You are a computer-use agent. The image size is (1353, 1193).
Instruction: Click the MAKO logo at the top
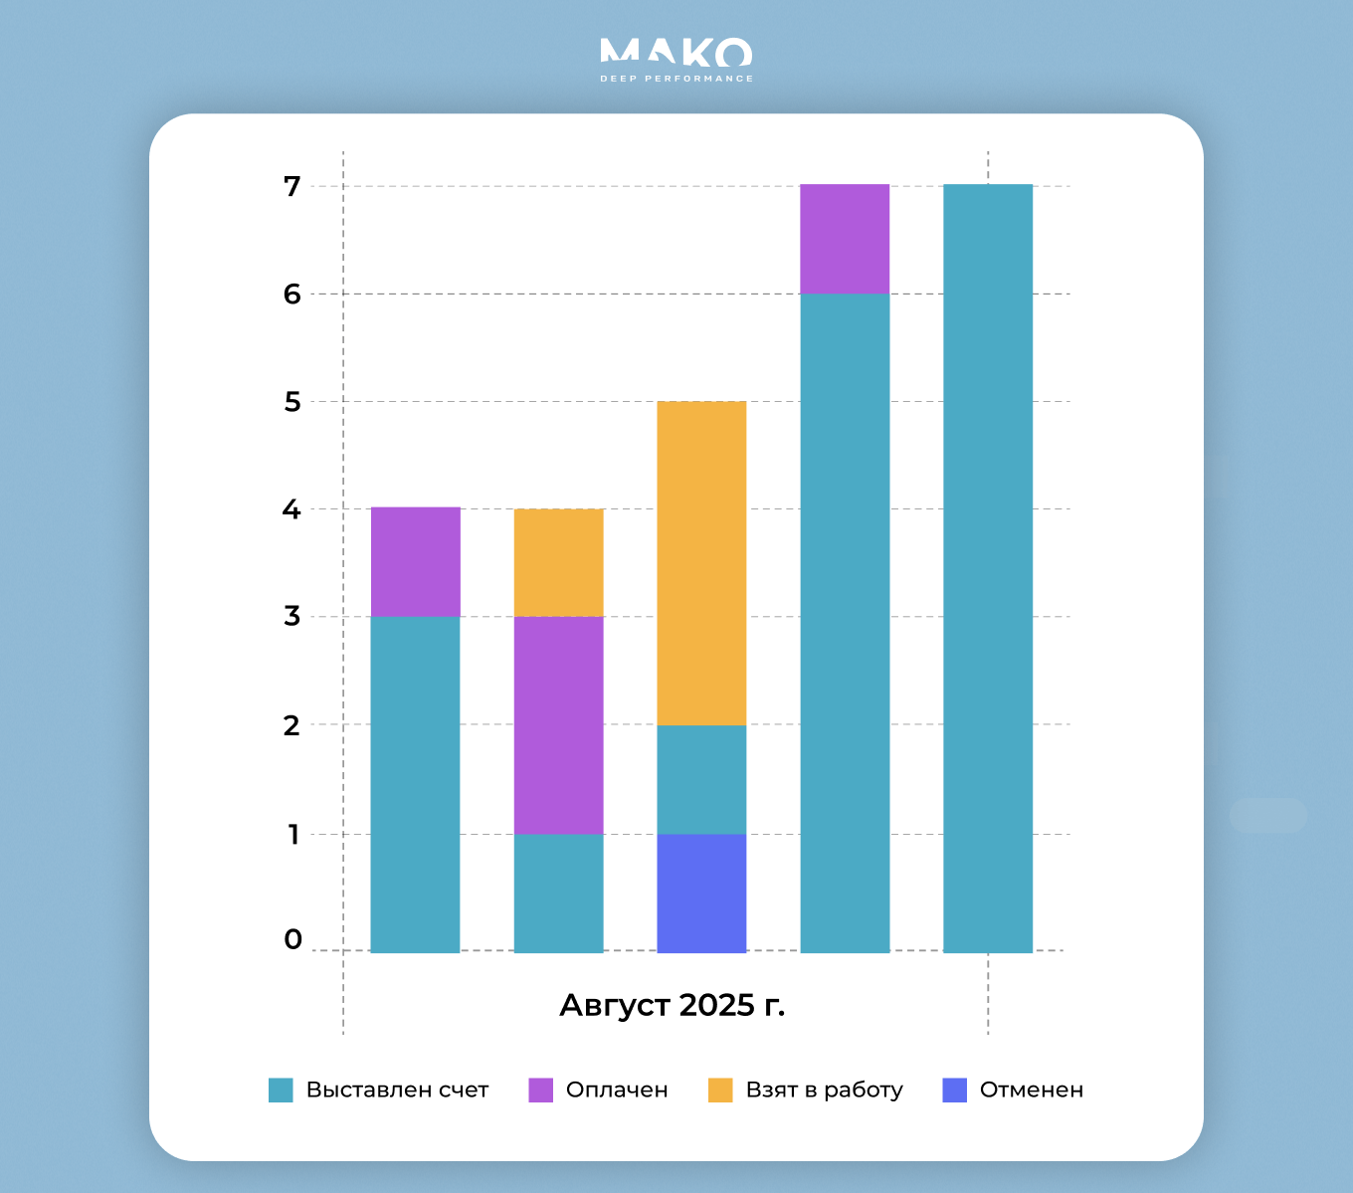coord(676,53)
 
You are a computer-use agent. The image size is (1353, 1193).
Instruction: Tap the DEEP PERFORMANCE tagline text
coord(676,79)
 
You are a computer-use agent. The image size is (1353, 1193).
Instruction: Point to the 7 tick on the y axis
coord(291,186)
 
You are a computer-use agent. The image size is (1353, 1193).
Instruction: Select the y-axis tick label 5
coord(291,402)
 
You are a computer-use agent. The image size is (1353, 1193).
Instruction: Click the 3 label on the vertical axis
coord(291,616)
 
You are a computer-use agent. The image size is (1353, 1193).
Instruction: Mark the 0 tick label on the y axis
coord(292,939)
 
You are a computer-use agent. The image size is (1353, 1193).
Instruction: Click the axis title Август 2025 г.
coord(673,1005)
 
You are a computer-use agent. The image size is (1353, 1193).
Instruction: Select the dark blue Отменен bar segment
coord(701,893)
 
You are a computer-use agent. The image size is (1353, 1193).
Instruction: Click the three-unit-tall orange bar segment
coord(701,563)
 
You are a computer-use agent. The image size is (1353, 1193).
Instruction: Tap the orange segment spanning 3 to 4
coord(558,563)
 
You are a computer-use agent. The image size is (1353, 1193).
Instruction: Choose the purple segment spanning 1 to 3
coord(558,725)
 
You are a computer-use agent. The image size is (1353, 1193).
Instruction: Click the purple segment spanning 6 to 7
coord(845,240)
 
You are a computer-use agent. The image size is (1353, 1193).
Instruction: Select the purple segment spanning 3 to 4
coord(415,562)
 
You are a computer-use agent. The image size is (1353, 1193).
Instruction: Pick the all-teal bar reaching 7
coord(988,568)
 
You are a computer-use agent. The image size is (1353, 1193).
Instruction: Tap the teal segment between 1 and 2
coord(701,780)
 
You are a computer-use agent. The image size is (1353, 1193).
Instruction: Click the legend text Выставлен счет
coord(397,1090)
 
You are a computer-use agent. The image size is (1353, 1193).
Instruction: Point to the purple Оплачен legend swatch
coord(540,1090)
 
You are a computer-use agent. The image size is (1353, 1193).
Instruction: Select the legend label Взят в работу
coord(824,1090)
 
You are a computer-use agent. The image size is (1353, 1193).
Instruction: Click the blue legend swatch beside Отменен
coord(954,1090)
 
